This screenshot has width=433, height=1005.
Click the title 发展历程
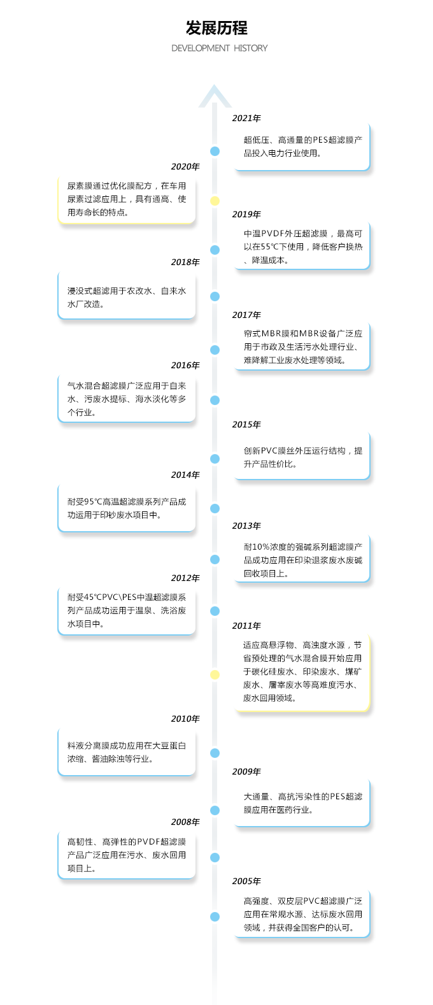tap(216, 28)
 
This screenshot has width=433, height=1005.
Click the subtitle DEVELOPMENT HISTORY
tap(219, 48)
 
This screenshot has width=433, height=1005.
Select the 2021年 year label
tap(246, 118)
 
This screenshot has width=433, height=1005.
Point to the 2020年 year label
tap(185, 166)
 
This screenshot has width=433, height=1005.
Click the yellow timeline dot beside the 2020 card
tap(215, 201)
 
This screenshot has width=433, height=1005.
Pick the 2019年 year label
tap(246, 214)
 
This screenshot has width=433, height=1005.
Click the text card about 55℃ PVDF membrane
tap(302, 246)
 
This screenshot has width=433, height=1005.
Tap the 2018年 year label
tap(185, 262)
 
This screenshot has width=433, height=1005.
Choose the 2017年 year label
tap(246, 315)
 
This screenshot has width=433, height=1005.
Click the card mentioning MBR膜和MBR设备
tap(302, 346)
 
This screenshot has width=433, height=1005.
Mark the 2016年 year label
tap(185, 365)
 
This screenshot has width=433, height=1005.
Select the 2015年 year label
tap(246, 424)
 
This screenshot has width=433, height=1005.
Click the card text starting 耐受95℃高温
tap(127, 508)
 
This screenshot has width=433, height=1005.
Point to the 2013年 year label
tap(246, 526)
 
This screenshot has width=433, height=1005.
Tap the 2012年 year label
tap(185, 578)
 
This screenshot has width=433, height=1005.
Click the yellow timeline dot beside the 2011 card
tap(215, 674)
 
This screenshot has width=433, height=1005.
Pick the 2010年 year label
tap(185, 719)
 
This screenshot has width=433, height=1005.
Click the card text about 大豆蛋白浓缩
tap(127, 752)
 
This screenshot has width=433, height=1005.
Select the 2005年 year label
tap(246, 881)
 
